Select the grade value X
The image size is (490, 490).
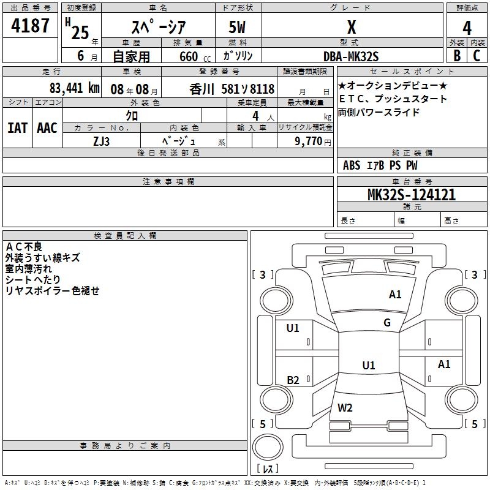(351, 28)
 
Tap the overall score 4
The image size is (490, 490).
(467, 28)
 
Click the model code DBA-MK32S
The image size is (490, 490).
(351, 56)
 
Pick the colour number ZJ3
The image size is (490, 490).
(102, 140)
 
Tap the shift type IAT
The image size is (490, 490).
(17, 127)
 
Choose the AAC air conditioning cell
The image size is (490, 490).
(47, 127)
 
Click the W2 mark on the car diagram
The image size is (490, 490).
(345, 408)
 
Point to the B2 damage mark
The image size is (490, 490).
(293, 380)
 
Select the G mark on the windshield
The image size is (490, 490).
(386, 323)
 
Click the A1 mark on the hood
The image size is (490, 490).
(395, 295)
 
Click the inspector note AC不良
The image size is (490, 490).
(24, 246)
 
